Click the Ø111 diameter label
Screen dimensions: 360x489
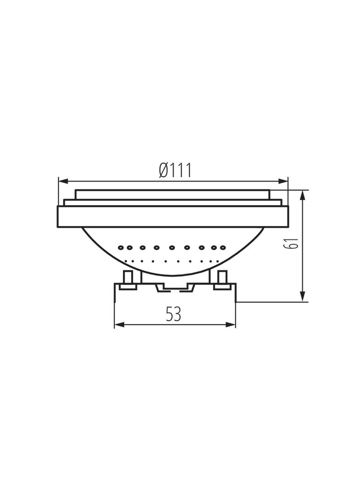174,170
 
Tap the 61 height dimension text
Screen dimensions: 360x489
291,243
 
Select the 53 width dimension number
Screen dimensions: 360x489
174,314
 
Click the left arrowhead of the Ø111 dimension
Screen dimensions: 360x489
63,181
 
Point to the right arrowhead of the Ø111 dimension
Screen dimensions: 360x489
283,181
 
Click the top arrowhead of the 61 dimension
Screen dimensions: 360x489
302,195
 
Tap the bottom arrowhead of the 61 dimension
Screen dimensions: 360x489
302,296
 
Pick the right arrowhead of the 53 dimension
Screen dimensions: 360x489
231,325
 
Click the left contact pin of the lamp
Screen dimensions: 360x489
128,278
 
